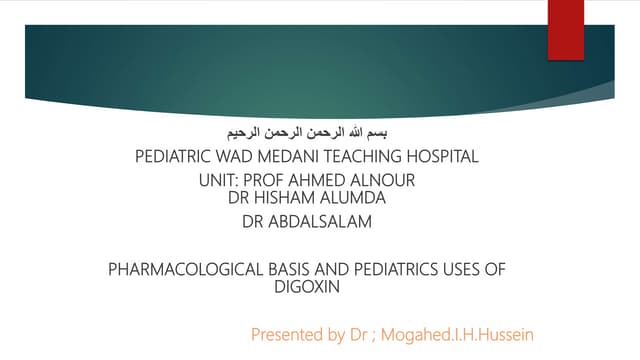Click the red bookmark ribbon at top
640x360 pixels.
point(565,30)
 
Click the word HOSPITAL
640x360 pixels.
point(441,156)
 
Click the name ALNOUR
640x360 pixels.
point(381,181)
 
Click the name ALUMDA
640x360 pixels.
point(352,198)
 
